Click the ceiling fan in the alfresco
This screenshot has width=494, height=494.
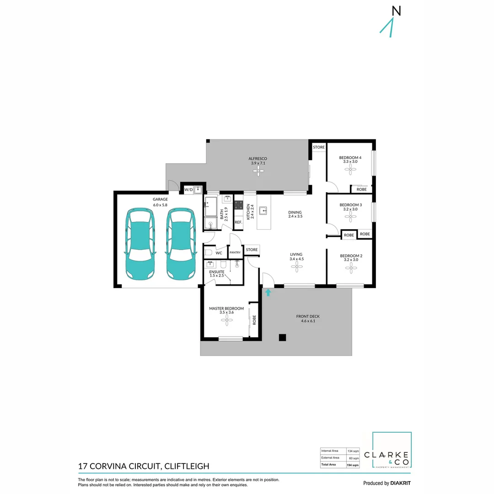pos(258,171)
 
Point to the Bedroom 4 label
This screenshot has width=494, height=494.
pos(350,158)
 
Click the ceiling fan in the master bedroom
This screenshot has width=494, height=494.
pos(226,321)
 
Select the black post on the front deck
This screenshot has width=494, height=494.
pos(283,338)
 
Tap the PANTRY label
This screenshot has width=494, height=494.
pos(235,252)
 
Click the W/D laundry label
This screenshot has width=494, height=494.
pos(188,189)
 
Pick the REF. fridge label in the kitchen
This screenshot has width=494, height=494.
pos(238,222)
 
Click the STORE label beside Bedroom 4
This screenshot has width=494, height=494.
pos(318,147)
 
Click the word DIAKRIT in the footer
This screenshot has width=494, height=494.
pos(403,483)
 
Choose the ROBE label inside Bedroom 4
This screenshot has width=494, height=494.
pos(361,188)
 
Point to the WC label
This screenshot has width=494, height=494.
pos(219,252)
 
